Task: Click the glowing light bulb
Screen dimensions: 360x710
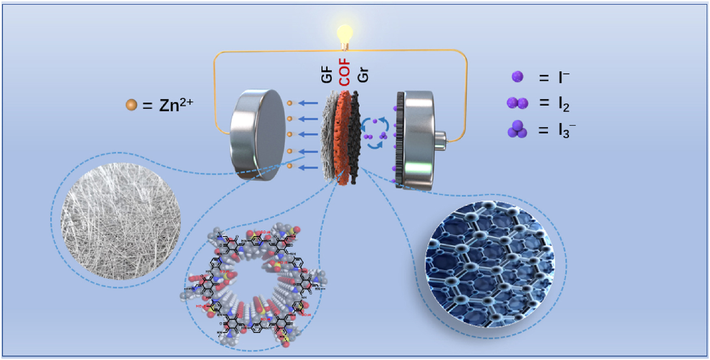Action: pyautogui.click(x=345, y=34)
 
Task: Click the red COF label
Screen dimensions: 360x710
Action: pyautogui.click(x=344, y=72)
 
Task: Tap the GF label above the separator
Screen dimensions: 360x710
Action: pyautogui.click(x=327, y=76)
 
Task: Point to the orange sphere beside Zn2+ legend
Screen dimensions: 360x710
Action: pyautogui.click(x=131, y=105)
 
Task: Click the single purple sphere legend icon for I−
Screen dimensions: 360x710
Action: pyautogui.click(x=517, y=77)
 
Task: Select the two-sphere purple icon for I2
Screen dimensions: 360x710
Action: pyautogui.click(x=517, y=103)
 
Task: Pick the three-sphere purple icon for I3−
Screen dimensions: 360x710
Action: pyautogui.click(x=517, y=130)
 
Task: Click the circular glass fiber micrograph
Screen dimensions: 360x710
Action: pyautogui.click(x=121, y=221)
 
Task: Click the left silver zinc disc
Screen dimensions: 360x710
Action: pyautogui.click(x=258, y=135)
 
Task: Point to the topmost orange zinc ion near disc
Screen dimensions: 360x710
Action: pyautogui.click(x=290, y=103)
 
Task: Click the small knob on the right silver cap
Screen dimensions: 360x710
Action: pyautogui.click(x=441, y=138)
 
